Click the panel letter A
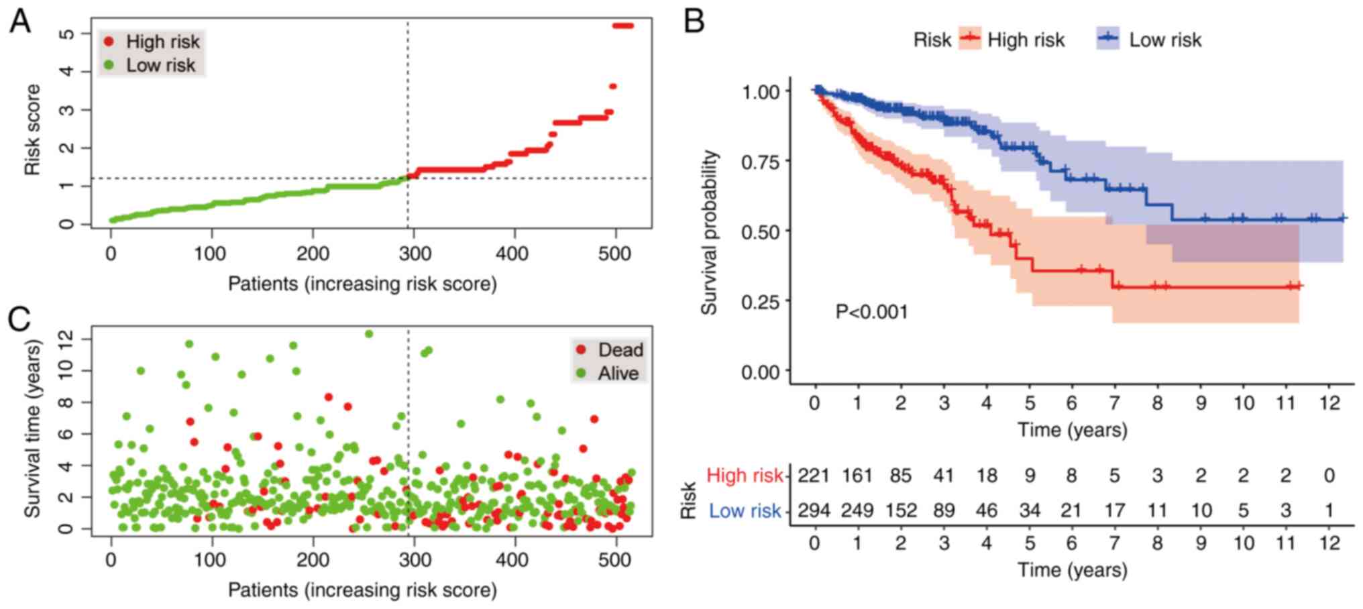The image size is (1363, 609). [x=20, y=21]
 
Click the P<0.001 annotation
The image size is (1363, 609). [x=871, y=312]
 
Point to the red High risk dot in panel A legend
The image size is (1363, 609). [x=109, y=42]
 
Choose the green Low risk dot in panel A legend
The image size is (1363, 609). [x=109, y=65]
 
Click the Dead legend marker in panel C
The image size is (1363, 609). [x=581, y=349]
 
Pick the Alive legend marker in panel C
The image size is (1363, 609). [x=581, y=373]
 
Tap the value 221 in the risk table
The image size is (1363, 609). [x=813, y=476]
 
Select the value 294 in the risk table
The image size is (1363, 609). [x=813, y=510]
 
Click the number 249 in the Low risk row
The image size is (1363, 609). [x=857, y=510]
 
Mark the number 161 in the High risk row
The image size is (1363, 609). [x=857, y=476]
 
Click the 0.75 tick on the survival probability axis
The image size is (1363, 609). [x=761, y=162]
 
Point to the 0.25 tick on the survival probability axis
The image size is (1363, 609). [x=761, y=302]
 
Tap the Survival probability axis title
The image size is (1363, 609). [x=709, y=232]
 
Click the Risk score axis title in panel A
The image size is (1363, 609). [x=32, y=129]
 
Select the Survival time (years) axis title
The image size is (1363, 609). [x=32, y=429]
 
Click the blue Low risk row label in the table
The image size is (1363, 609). [x=745, y=511]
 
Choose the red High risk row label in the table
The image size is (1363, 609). [x=745, y=476]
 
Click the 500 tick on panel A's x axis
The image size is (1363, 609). [x=614, y=254]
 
